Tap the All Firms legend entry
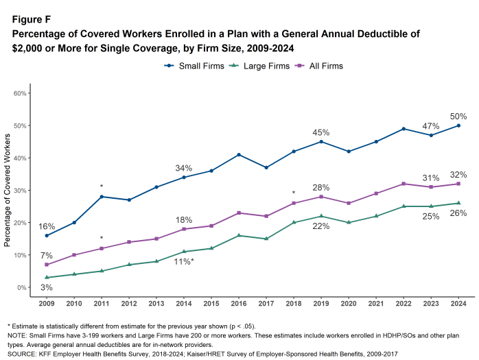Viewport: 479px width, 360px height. (319, 66)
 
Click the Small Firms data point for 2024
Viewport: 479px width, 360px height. (458, 125)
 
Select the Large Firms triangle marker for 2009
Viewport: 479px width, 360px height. (47, 278)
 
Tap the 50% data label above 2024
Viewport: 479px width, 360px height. (458, 117)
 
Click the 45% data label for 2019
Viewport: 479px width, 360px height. (321, 132)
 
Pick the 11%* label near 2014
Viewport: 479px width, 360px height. (184, 262)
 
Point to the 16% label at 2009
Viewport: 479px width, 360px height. (46, 226)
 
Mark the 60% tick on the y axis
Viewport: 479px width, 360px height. (20, 93)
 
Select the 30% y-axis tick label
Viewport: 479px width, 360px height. (20, 191)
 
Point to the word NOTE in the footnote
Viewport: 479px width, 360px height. (17, 334)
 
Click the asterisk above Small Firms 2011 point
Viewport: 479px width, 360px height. (102, 187)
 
